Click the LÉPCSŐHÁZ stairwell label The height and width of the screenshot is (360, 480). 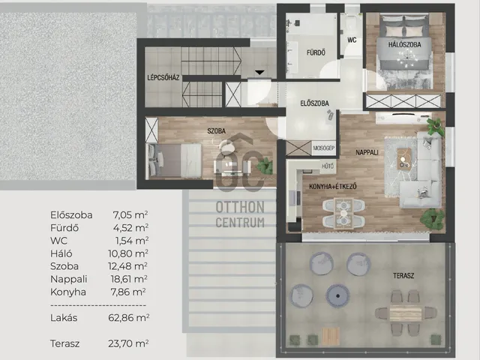[x=163, y=77]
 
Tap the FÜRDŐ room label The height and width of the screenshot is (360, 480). [x=316, y=52]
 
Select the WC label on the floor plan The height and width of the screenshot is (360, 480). [x=352, y=40]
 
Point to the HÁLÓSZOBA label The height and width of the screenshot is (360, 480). [x=405, y=44]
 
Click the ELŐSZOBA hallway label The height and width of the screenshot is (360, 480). [x=315, y=103]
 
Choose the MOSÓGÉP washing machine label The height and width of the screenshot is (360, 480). [x=324, y=148]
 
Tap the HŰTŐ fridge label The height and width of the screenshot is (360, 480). [x=328, y=166]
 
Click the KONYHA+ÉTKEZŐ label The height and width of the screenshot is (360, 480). [x=333, y=187]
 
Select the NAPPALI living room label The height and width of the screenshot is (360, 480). [x=367, y=152]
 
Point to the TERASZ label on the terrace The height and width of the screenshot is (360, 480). [x=403, y=276]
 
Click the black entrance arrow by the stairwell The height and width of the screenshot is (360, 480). [x=259, y=73]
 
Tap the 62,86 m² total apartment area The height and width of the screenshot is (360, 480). [x=128, y=318]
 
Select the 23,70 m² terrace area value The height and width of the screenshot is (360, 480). [x=128, y=343]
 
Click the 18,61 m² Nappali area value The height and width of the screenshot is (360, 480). [x=129, y=279]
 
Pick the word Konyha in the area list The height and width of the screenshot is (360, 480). [x=68, y=292]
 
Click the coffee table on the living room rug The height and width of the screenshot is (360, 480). [x=404, y=158]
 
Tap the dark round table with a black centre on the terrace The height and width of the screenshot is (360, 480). [x=337, y=295]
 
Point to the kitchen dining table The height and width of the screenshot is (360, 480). [x=343, y=213]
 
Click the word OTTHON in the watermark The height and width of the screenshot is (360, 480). [x=240, y=207]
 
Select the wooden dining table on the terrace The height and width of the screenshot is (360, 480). [x=406, y=313]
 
